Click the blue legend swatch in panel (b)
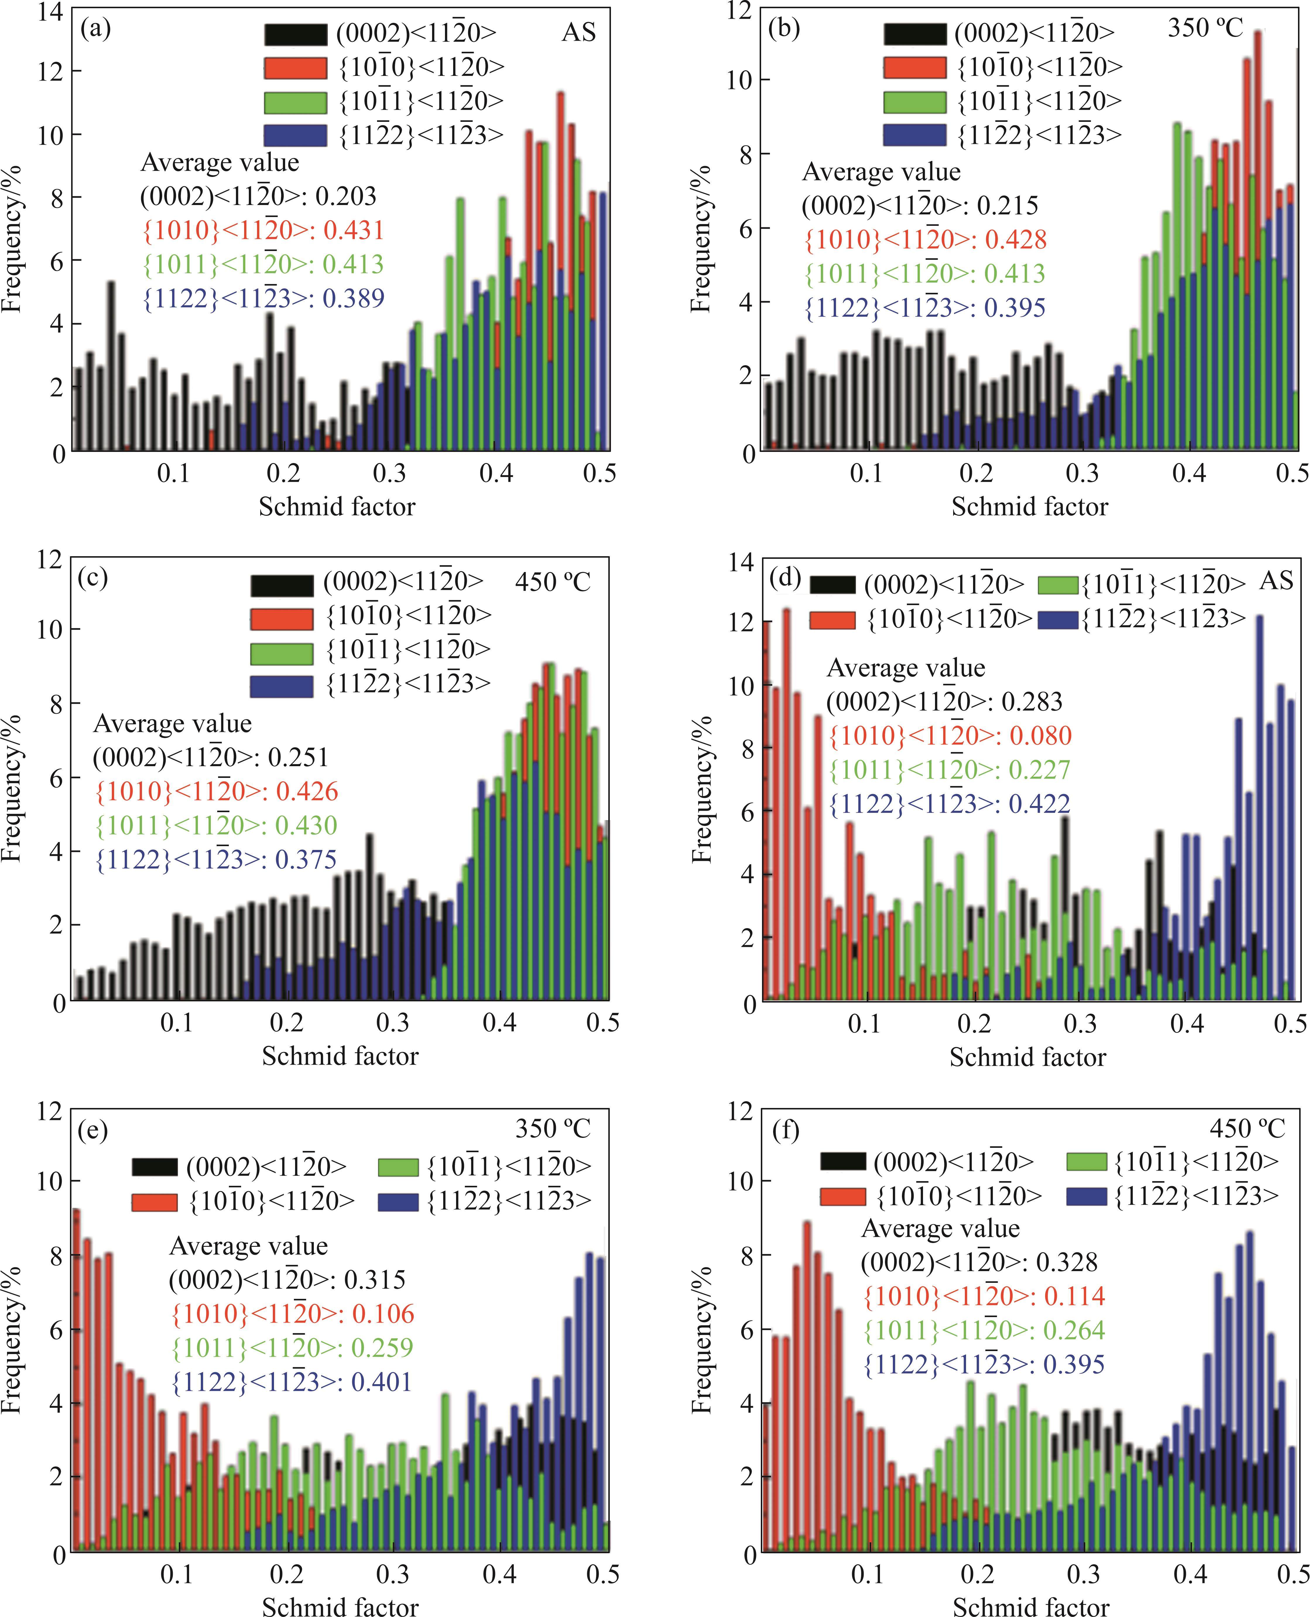pyautogui.click(x=914, y=135)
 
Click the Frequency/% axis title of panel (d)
pyautogui.click(x=701, y=789)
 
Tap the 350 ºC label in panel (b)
pyautogui.click(x=1205, y=29)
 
